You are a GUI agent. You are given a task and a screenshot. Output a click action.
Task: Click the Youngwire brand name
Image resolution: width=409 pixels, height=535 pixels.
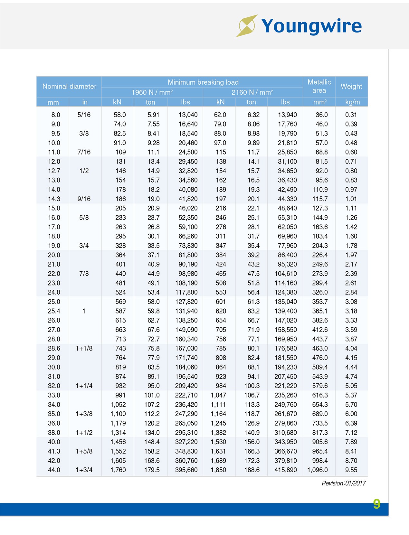[x=311, y=26]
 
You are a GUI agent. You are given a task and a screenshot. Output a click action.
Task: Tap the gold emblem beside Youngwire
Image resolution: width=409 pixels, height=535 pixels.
[x=247, y=26]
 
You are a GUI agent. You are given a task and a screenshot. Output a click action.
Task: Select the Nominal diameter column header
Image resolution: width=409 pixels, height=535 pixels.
[x=69, y=86]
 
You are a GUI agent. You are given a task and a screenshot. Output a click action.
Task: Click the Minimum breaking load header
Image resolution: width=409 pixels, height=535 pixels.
[x=203, y=82]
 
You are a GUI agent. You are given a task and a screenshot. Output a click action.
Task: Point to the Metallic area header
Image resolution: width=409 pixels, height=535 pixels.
[x=319, y=86]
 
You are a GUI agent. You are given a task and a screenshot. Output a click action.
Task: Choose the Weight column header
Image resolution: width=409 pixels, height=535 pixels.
[x=351, y=86]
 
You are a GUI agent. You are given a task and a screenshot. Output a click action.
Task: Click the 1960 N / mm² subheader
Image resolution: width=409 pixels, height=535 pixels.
[x=152, y=92]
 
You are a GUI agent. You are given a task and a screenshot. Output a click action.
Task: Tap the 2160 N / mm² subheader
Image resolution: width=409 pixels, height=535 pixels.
[x=252, y=92]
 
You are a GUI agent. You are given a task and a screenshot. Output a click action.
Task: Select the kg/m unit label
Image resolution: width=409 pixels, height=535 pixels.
[x=352, y=102]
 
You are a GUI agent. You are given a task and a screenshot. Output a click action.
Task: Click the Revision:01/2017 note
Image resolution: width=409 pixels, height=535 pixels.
[x=344, y=483]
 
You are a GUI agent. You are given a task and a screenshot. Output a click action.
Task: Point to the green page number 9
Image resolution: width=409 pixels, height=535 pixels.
[x=376, y=504]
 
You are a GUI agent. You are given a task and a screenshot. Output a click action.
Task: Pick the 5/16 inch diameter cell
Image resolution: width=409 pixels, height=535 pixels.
[x=84, y=115]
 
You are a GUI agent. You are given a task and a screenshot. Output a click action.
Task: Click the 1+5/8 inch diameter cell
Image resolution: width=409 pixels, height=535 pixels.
[x=84, y=451]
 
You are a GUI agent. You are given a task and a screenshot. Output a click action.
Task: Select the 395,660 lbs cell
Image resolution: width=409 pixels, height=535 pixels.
[x=186, y=470]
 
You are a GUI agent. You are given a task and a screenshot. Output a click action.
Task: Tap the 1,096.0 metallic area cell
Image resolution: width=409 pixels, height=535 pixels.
[x=318, y=470]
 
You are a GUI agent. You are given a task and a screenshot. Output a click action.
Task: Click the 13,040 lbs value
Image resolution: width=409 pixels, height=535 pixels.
[x=188, y=115]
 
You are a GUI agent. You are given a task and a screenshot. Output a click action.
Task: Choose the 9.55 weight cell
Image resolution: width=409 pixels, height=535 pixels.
[x=351, y=470]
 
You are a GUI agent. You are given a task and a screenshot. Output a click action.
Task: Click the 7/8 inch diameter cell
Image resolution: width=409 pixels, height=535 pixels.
[x=84, y=274]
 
